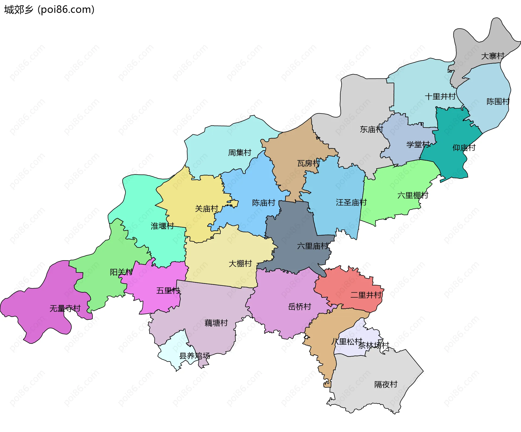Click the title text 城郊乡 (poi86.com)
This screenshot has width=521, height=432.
click(x=49, y=9)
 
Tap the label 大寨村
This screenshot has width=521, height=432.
click(x=493, y=56)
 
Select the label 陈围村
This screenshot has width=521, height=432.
click(x=498, y=101)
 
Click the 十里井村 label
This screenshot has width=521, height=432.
click(x=440, y=96)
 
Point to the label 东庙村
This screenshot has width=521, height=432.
click(x=371, y=129)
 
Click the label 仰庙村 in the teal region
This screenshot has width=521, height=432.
click(x=464, y=148)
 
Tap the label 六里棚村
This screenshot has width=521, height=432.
click(x=413, y=195)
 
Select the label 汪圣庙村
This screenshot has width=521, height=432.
click(x=351, y=202)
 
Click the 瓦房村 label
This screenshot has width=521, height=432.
click(x=309, y=163)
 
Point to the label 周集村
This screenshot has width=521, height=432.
click(x=240, y=153)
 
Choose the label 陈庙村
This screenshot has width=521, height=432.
click(x=263, y=203)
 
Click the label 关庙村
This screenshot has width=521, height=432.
click(x=207, y=209)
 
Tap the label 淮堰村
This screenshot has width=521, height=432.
click(x=162, y=226)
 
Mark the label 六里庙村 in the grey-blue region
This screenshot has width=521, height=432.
click(x=313, y=246)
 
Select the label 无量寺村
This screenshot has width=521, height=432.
click(x=65, y=308)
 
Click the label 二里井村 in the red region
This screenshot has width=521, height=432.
click(x=366, y=295)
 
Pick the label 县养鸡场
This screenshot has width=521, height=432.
click(x=195, y=356)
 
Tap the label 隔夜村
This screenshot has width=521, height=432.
click(x=386, y=384)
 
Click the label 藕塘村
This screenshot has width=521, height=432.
click(x=216, y=323)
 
